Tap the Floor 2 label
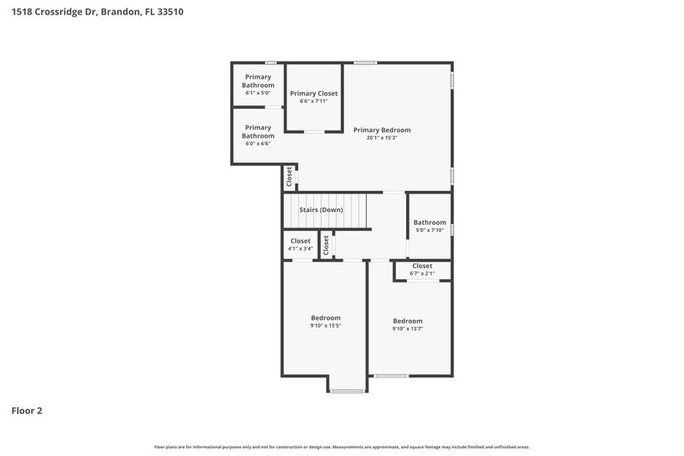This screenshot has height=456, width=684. pyautogui.click(x=27, y=411)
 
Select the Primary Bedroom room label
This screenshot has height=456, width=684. pyautogui.click(x=382, y=130)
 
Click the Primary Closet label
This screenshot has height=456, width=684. pyautogui.click(x=314, y=93)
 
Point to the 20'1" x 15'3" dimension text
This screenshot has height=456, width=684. pyautogui.click(x=382, y=138)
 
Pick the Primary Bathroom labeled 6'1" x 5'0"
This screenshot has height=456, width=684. pyautogui.click(x=258, y=80)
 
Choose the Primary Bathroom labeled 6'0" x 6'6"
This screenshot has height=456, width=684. pyautogui.click(x=258, y=132)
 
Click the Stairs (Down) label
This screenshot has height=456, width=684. pyautogui.click(x=321, y=210)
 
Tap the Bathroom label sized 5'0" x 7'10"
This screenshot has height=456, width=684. pyautogui.click(x=430, y=222)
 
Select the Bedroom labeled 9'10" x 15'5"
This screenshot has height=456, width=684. pyautogui.click(x=325, y=317)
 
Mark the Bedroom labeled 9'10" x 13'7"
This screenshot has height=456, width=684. pyautogui.click(x=408, y=321)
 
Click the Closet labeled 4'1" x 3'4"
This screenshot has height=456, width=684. pyautogui.click(x=300, y=241)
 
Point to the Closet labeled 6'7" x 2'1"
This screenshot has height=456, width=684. pyautogui.click(x=422, y=266)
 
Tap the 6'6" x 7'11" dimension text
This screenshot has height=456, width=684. pyautogui.click(x=314, y=101)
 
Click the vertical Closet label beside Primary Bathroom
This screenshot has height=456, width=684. pyautogui.click(x=289, y=176)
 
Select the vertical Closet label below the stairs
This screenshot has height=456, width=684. pyautogui.click(x=326, y=245)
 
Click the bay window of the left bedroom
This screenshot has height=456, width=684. pyautogui.click(x=347, y=391)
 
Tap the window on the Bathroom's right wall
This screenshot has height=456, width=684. pyautogui.click(x=451, y=228)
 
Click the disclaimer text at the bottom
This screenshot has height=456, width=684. pyautogui.click(x=342, y=447)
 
